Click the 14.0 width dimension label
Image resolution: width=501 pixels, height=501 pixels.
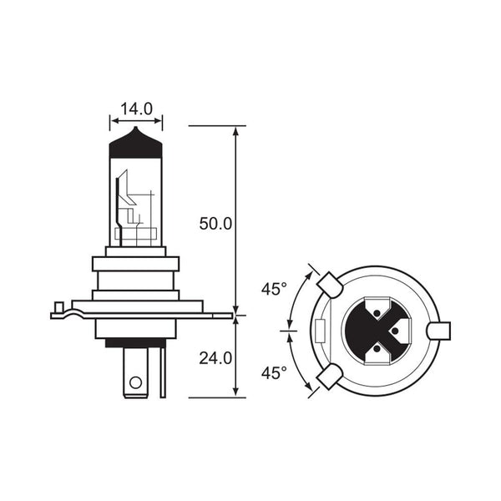[136, 109]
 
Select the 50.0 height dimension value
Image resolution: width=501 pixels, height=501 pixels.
[215, 224]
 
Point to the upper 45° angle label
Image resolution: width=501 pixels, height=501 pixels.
[273, 290]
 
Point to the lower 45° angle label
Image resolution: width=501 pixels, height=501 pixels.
[273, 372]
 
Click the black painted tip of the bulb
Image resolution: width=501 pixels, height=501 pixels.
[137, 144]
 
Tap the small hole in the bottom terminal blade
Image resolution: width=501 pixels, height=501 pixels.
[134, 385]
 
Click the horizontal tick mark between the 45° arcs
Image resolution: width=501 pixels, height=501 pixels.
[290, 331]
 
